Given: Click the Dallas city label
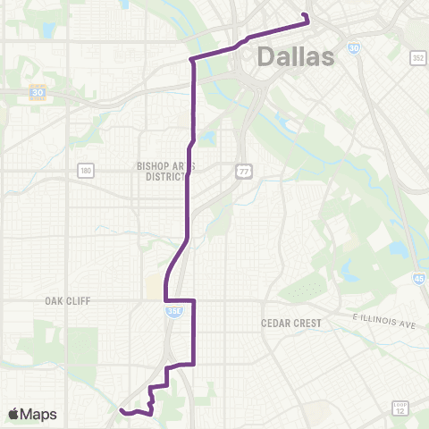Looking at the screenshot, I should [296, 56].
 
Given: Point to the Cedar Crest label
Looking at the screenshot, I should [296, 322].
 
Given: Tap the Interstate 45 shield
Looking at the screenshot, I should [420, 278].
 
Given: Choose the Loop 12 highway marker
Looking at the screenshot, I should [400, 408].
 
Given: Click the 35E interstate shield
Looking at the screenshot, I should [170, 310].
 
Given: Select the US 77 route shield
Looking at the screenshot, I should [243, 171].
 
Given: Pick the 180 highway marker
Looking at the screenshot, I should [85, 170].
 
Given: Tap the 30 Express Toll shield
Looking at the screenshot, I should [37, 92].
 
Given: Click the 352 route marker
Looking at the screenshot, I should [417, 57].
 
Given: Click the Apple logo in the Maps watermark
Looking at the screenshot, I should [15, 414].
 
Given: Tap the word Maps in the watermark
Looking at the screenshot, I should [39, 414].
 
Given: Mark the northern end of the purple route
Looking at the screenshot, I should [306, 15].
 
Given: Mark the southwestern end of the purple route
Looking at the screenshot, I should [121, 410].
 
